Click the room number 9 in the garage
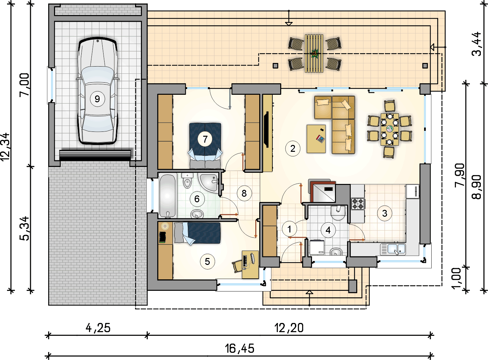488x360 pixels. (x=97, y=99)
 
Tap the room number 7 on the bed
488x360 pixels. (x=205, y=139)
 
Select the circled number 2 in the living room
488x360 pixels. (x=293, y=149)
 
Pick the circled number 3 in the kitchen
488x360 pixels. (x=384, y=213)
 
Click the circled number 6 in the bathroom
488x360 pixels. (x=197, y=199)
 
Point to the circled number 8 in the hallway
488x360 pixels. (x=244, y=193)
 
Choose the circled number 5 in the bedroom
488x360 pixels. (x=207, y=262)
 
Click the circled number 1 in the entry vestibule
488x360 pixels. (x=289, y=229)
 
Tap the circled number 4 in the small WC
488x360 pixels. (x=328, y=230)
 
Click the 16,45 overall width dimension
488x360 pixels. (x=240, y=349)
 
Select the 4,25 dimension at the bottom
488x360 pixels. (x=98, y=328)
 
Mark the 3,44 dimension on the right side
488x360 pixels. (x=477, y=44)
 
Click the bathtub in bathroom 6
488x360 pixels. (x=167, y=196)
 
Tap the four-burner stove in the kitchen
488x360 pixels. (x=358, y=204)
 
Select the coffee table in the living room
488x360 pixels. (x=316, y=139)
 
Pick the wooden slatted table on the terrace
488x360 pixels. (x=314, y=53)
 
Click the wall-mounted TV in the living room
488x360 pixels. (x=267, y=129)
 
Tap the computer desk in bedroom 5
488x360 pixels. (x=250, y=264)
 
